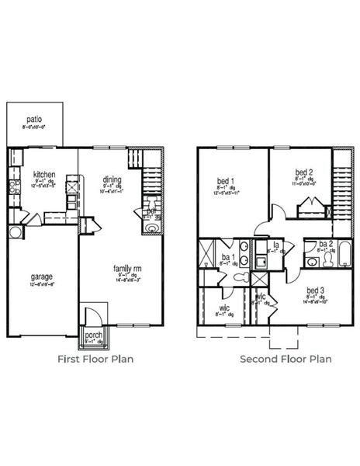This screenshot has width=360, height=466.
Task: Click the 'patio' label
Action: tap(33, 120)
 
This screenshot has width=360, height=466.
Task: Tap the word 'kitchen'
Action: tap(43, 175)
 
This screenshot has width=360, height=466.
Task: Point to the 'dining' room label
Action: tap(112, 180)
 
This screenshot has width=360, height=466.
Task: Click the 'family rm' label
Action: tap(126, 268)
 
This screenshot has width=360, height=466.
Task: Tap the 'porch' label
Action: tap(93, 336)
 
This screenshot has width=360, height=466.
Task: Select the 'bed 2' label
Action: tap(304, 172)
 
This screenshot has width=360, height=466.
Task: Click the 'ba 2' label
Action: tap(325, 244)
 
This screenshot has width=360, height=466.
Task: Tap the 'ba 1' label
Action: tap(227, 257)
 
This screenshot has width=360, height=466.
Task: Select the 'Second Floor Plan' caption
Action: tap(285, 359)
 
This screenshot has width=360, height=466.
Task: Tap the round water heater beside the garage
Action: tap(15, 232)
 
